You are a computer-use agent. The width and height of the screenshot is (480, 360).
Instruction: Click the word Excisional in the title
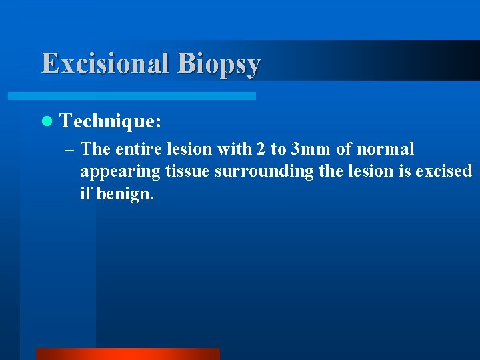point(106,63)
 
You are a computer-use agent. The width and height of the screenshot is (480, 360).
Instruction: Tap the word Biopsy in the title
point(219,65)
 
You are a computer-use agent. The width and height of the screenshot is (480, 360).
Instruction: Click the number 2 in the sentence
point(260,149)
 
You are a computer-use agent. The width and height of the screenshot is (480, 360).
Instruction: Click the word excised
point(443,171)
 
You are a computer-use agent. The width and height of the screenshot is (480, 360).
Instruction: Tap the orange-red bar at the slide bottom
point(127,354)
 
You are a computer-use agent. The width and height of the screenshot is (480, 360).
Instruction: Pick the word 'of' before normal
point(344,149)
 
